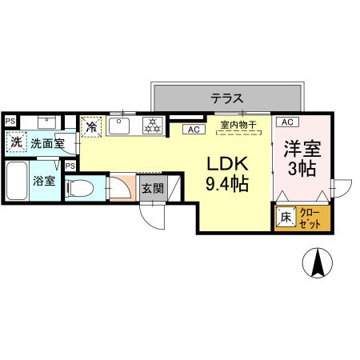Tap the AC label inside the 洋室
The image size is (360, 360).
tap(287, 122)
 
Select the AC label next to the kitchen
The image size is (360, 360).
tap(192, 130)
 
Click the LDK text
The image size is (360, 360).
tap(228, 163)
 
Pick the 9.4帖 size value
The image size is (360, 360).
tap(228, 185)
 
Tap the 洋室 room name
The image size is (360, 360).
tap(302, 149)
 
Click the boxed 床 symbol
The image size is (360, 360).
tap(285, 216)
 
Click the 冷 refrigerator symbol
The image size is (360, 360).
tap(92, 126)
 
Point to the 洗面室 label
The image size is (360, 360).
tap(47, 143)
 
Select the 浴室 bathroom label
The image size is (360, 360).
tap(44, 182)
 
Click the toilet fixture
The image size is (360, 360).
tap(81, 189)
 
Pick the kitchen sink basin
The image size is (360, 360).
tap(121, 126)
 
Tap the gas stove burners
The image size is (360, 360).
tap(152, 126)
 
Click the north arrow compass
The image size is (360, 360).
tap(318, 262)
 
